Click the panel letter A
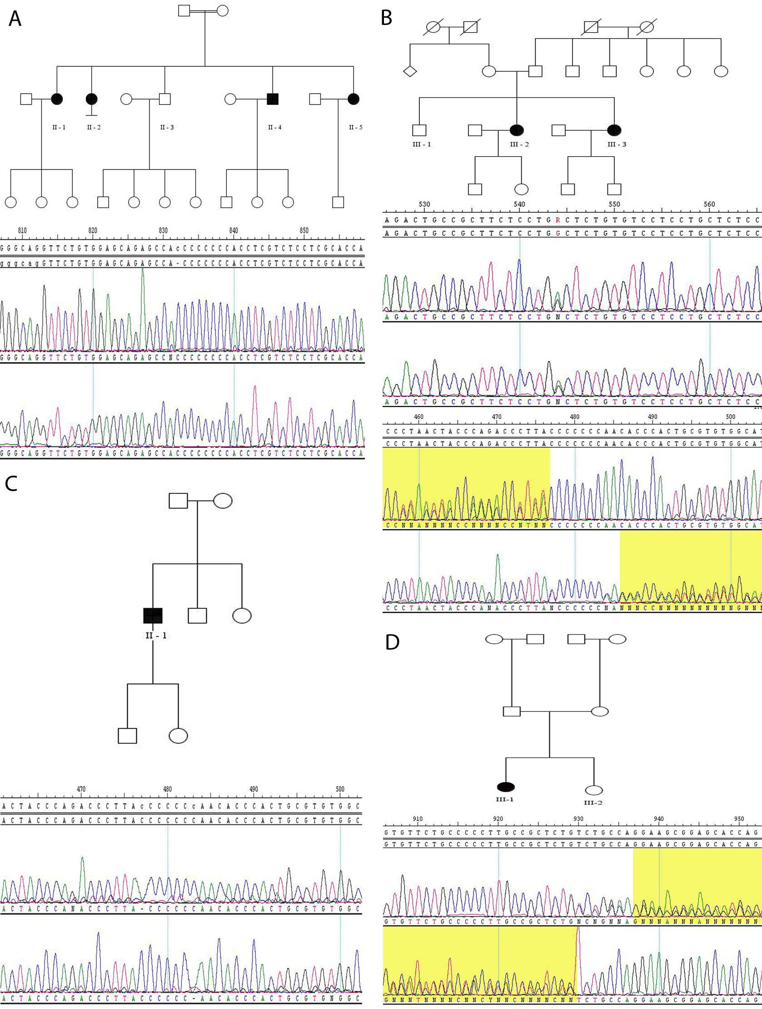(x=15, y=19)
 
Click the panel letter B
(x=387, y=18)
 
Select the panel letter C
(x=11, y=483)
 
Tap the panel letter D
(x=393, y=642)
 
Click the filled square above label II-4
(x=273, y=99)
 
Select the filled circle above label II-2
(x=92, y=99)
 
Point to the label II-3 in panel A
(x=167, y=127)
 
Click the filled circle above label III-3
(x=614, y=130)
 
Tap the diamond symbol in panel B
(x=410, y=71)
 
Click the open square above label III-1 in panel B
(x=419, y=130)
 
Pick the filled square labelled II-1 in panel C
(x=153, y=615)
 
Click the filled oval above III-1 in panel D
(x=506, y=786)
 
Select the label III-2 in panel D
(x=593, y=802)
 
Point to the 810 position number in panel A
(x=22, y=231)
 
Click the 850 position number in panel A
(x=304, y=231)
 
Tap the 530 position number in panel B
(x=424, y=204)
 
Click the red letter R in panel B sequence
(x=558, y=220)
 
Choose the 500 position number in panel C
(x=340, y=789)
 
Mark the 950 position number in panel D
(x=739, y=819)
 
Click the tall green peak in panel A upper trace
(x=143, y=292)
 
